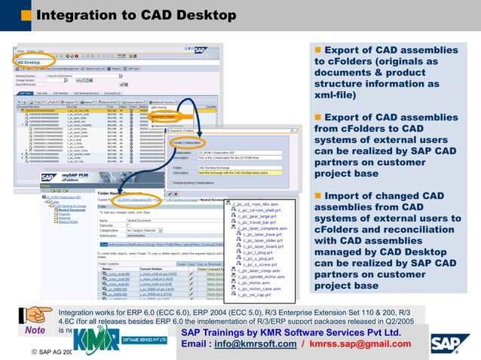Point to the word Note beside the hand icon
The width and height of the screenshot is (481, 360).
click(35, 330)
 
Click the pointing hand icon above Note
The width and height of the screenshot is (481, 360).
click(35, 315)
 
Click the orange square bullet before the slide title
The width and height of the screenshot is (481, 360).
click(26, 16)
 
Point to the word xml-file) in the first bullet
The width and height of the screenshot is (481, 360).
click(338, 96)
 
